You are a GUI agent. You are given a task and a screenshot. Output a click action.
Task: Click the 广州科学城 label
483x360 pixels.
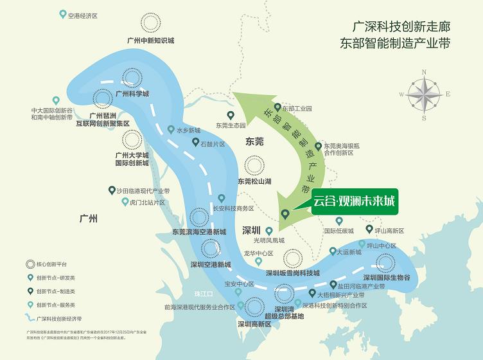click(132, 93)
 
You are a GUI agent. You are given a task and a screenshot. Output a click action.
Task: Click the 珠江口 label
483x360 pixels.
click(204, 292)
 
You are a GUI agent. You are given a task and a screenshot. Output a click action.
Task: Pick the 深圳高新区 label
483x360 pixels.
click(254, 325)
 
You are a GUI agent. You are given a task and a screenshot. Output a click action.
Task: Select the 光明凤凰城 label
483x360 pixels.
click(269, 240)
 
